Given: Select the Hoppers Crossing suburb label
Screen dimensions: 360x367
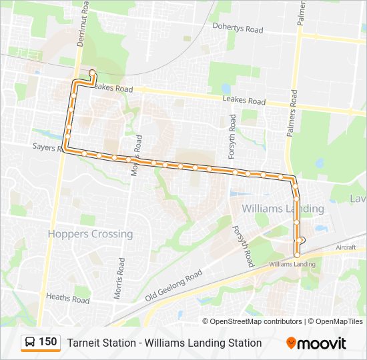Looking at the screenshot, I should pos(90,234).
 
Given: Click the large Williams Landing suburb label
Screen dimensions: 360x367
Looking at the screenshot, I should pos(282,209).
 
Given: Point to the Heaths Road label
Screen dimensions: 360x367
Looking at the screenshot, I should pos(68,298).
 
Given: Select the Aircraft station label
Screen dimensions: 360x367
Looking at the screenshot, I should pos(346,247).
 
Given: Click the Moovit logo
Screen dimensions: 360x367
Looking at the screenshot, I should pos(316,343).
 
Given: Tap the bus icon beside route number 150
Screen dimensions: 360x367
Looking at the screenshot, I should pos(30,343).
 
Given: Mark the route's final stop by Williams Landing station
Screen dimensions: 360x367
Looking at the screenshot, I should pos(297,255).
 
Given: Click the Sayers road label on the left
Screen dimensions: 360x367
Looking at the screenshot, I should pos(45,145).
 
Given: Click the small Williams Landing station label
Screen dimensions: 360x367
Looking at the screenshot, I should pos(292,264).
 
